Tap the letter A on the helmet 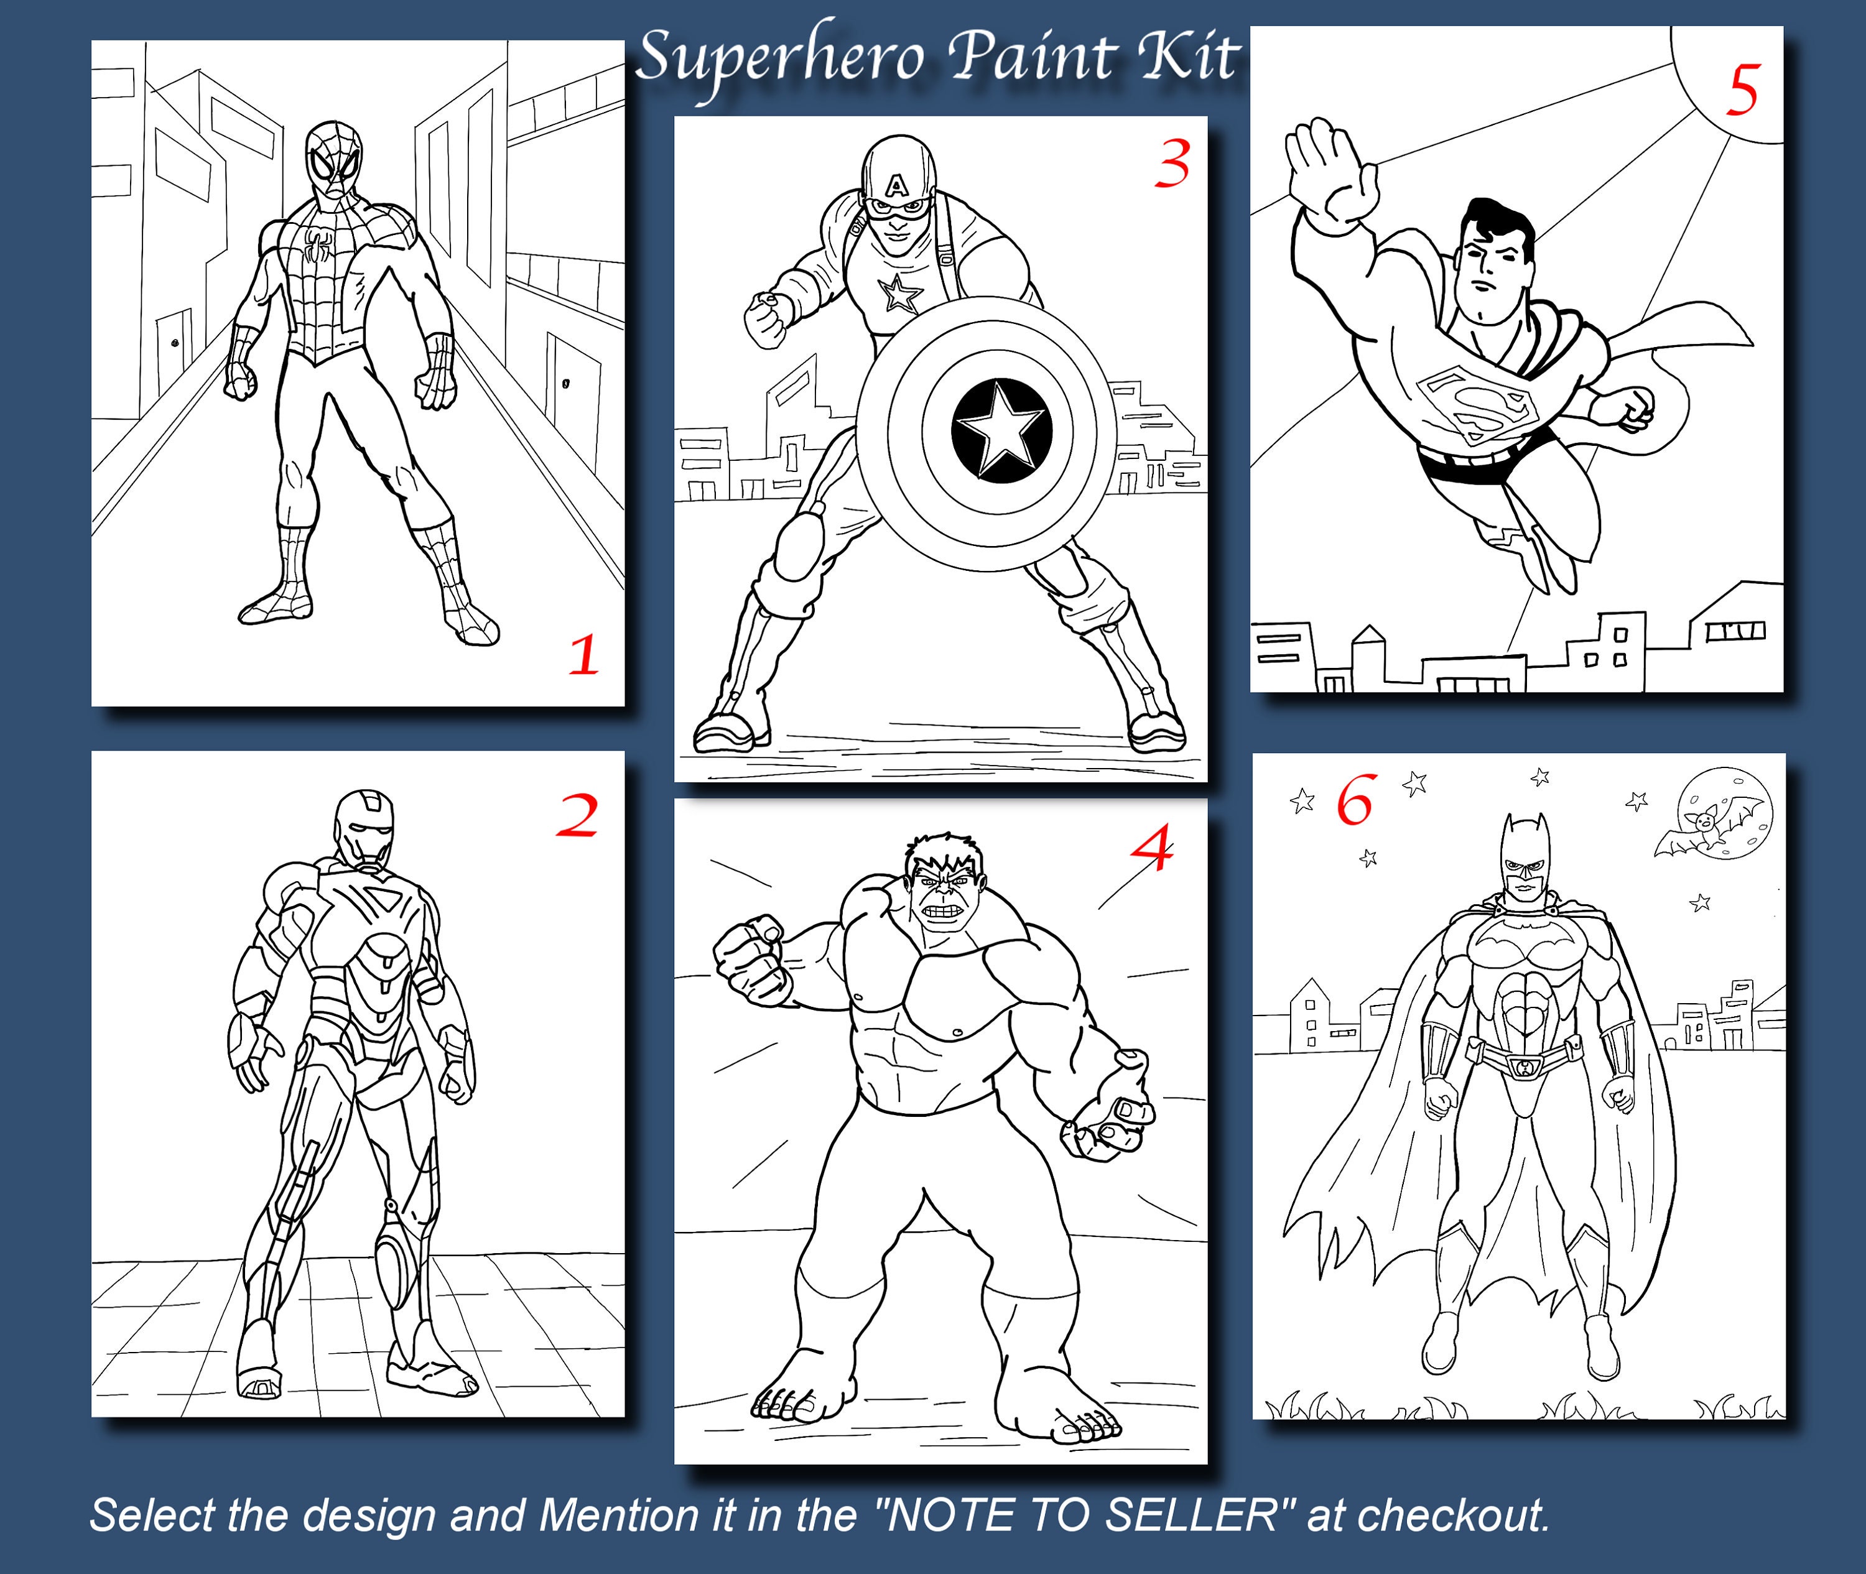[x=896, y=187]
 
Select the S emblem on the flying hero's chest [x=1476, y=404]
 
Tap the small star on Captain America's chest [x=898, y=294]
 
